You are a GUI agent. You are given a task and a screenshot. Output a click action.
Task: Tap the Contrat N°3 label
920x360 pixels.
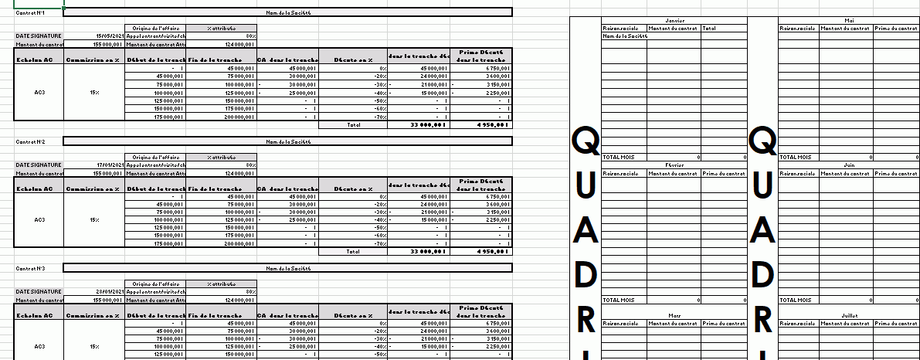[x=26, y=268]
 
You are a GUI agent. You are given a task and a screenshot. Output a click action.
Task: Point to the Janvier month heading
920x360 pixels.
[x=674, y=21]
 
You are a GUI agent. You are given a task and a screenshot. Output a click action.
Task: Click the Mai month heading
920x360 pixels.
[x=850, y=21]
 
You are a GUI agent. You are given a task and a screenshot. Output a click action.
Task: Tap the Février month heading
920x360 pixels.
[x=674, y=165]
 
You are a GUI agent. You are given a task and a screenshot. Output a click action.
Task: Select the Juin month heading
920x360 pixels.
[x=850, y=165]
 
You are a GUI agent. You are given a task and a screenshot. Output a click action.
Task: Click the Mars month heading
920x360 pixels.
[x=674, y=315]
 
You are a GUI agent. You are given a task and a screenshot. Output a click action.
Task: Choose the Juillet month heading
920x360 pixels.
[x=850, y=315]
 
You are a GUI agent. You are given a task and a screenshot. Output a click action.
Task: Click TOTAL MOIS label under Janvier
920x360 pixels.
[x=618, y=157]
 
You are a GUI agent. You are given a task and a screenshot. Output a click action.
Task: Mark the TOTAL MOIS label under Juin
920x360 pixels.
[x=796, y=300]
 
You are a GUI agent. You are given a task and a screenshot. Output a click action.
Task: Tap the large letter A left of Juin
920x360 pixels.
[x=763, y=229]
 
